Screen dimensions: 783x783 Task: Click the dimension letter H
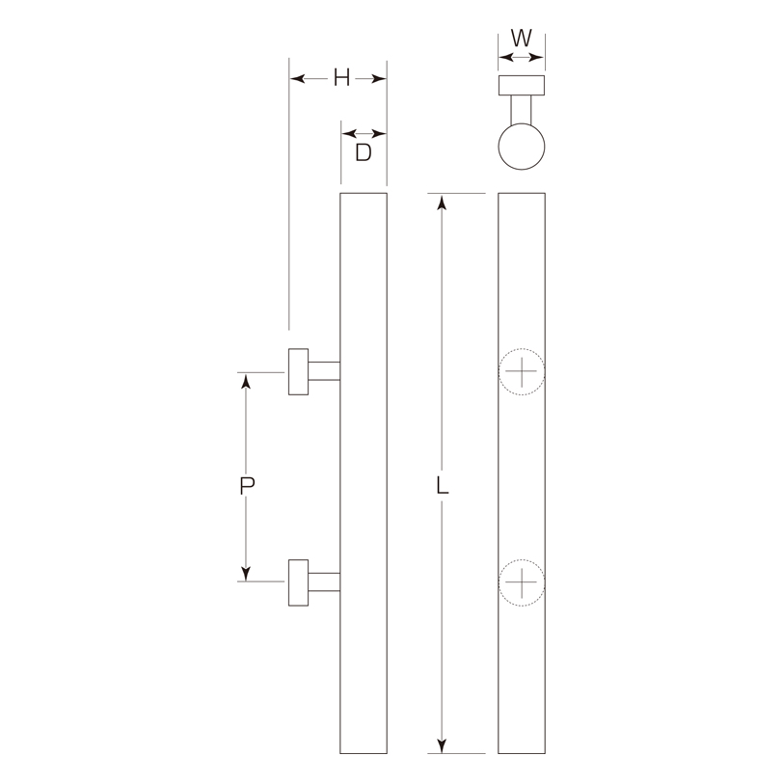pyautogui.click(x=340, y=79)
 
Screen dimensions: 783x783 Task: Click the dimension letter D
pyautogui.click(x=363, y=153)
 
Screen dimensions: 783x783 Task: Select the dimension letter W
pyautogui.click(x=521, y=39)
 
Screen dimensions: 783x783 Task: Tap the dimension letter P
pyautogui.click(x=247, y=485)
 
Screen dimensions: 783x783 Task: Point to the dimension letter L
pyautogui.click(x=442, y=485)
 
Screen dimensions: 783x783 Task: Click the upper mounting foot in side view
pyautogui.click(x=298, y=371)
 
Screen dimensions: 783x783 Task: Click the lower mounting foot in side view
pyautogui.click(x=298, y=582)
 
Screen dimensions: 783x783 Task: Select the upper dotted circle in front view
pyautogui.click(x=521, y=371)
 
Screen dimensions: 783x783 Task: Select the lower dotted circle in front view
pyautogui.click(x=521, y=582)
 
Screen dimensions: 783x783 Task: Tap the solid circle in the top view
pyautogui.click(x=521, y=148)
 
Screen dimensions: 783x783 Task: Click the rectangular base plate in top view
pyautogui.click(x=521, y=86)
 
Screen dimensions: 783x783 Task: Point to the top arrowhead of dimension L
pyautogui.click(x=442, y=202)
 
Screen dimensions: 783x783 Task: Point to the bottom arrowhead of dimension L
pyautogui.click(x=442, y=745)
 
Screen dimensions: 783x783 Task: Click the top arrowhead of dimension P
pyautogui.click(x=247, y=381)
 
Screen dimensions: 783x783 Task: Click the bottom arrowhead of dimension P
pyautogui.click(x=247, y=574)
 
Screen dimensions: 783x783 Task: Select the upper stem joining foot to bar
pyautogui.click(x=324, y=371)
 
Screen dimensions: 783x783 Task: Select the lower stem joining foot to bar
pyautogui.click(x=324, y=582)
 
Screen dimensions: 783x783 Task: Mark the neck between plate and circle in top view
pyautogui.click(x=521, y=110)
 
